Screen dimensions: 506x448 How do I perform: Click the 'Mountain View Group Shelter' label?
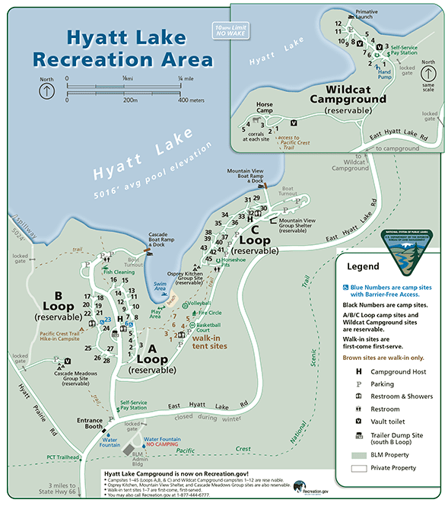(x=297, y=224)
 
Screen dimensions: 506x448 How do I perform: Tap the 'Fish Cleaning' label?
(x=119, y=271)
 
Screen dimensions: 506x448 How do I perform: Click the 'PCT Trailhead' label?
(x=63, y=456)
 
